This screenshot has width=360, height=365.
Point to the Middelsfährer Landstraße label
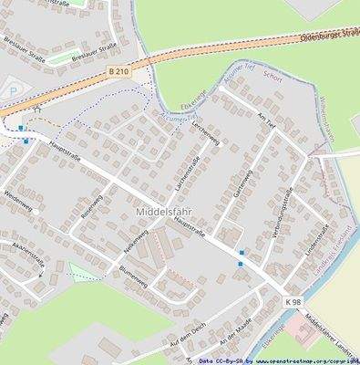tap(333, 337)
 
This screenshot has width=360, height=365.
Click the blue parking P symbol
tap(12, 90)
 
